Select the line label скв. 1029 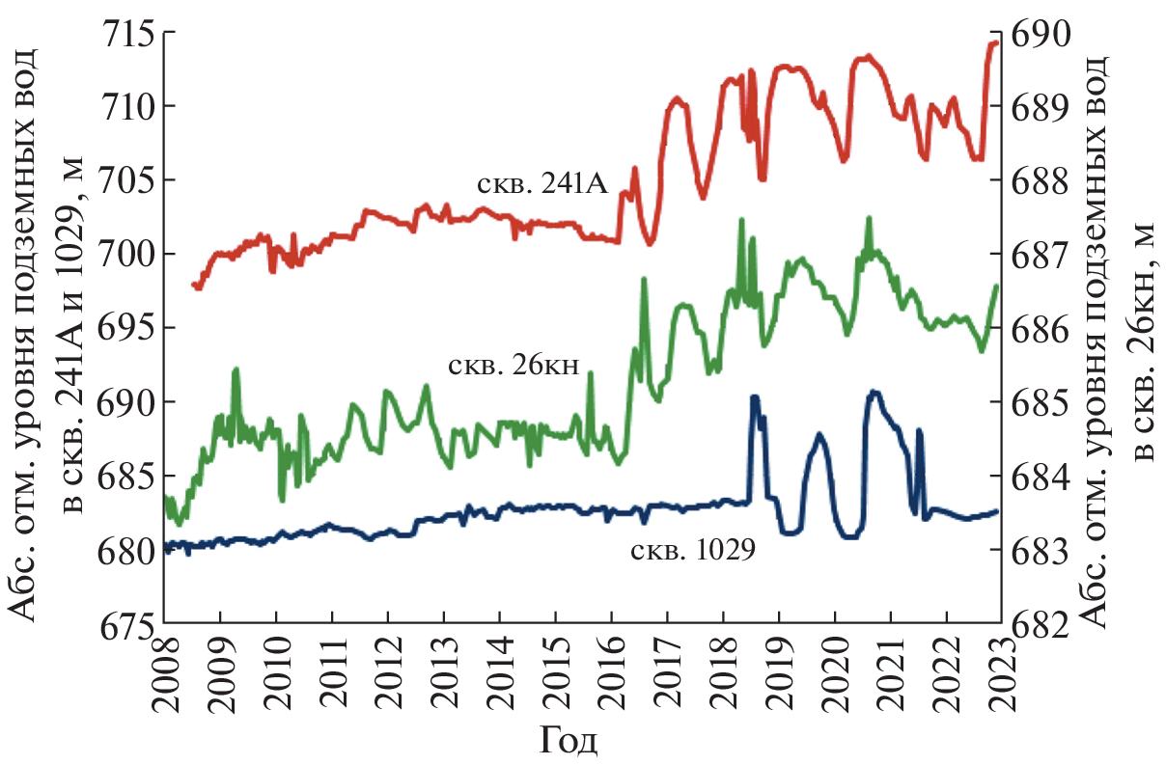[x=691, y=553]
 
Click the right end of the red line [x=997, y=42]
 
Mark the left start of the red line [x=195, y=286]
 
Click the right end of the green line [x=997, y=286]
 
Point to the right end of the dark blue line [x=997, y=511]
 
